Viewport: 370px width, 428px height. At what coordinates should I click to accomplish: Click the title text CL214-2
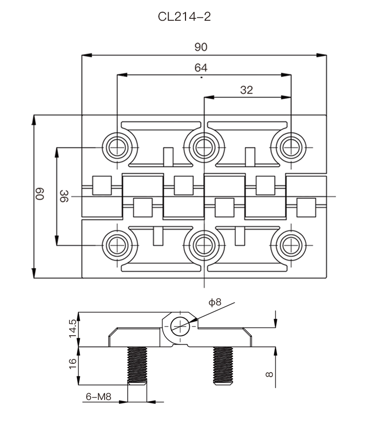(185, 17)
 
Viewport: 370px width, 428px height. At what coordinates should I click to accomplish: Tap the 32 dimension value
(246, 89)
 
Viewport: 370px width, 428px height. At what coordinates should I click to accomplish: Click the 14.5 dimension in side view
(73, 329)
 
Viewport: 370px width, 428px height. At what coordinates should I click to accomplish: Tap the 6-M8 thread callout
(98, 396)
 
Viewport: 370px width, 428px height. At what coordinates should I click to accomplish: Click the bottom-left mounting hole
(117, 245)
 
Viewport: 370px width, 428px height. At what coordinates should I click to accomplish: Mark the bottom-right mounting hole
(290, 245)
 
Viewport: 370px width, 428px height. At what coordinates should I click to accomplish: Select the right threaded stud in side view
(223, 366)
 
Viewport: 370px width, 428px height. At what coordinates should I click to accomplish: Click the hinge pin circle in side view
(180, 325)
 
